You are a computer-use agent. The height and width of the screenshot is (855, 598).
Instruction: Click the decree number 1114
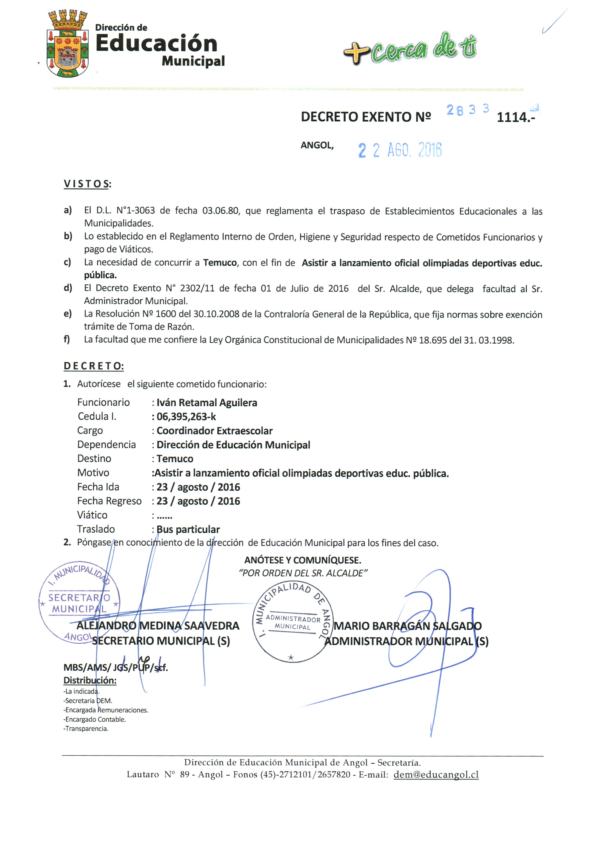pos(515,117)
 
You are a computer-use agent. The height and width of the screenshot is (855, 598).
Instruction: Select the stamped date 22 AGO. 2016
pos(400,150)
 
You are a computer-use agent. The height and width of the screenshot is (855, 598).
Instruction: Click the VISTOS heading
pos(87,184)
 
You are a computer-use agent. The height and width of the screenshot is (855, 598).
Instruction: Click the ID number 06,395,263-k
pos(186,417)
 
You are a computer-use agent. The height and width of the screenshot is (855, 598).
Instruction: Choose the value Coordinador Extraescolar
pos(214,431)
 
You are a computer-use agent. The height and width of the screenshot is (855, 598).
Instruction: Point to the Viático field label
pos(92,515)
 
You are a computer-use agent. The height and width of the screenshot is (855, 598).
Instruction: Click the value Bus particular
pos(188,529)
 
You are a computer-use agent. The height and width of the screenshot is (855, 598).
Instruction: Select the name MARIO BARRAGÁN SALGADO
pos(407,626)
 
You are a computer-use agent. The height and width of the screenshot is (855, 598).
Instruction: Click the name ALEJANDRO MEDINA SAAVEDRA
pos(158,626)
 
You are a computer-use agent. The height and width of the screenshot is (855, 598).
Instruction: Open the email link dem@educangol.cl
pos(436,775)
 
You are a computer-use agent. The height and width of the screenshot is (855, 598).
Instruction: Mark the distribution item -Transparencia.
pos(86,728)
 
